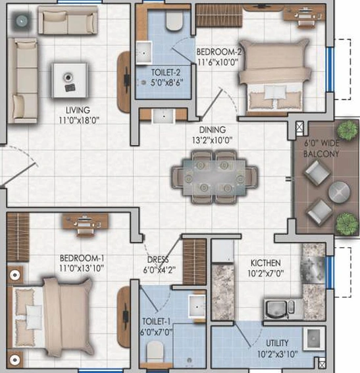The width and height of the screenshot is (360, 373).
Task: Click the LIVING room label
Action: pos(78,110)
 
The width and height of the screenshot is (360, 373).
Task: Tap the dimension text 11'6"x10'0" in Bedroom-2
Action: pos(218,62)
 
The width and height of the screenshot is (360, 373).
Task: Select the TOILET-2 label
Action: pos(166,72)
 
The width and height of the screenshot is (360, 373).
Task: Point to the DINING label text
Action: pos(213,130)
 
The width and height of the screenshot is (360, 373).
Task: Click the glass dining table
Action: pos(215,177)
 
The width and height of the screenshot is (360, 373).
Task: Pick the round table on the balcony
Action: pos(339,192)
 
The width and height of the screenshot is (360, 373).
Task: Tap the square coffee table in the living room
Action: pos(70,80)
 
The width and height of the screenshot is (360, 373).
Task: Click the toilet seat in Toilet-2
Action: pos(174,21)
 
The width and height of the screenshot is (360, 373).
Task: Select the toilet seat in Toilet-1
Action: pos(155,351)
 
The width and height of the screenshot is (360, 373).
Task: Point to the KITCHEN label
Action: pos(266,263)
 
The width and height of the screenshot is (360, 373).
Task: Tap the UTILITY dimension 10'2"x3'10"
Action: pos(277,354)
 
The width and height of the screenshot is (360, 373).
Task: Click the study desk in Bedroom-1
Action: pos(85,223)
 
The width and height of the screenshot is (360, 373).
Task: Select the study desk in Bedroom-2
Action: pos(305,16)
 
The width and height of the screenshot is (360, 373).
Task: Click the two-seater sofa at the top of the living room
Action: pos(68,20)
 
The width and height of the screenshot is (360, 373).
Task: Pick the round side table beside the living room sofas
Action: pos(21,21)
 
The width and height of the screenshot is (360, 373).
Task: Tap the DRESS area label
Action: pos(158,260)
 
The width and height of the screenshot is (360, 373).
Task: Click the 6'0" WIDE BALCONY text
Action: pos(322,148)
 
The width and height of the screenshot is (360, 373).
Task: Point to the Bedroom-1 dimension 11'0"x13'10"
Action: pos(82,268)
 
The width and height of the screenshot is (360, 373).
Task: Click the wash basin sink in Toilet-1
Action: pos(197,306)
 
